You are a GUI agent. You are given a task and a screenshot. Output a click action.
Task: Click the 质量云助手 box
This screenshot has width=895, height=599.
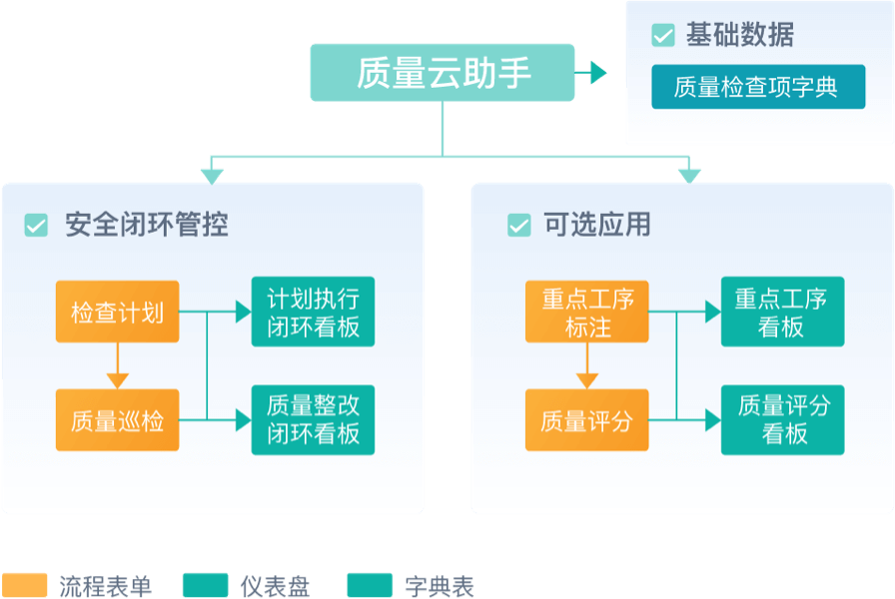[443, 72]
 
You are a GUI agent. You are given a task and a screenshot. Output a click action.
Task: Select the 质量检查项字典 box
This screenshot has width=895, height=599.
[758, 87]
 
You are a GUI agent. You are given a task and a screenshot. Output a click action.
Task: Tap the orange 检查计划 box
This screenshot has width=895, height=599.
[118, 311]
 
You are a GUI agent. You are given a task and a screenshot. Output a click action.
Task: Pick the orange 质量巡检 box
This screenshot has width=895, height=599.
[118, 419]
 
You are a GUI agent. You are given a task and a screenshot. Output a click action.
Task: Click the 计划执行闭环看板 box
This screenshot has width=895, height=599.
[313, 311]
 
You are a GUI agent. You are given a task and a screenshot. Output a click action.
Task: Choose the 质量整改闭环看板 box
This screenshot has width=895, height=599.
[313, 419]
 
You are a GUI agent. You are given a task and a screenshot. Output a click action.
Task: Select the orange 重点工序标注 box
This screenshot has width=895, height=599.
[587, 311]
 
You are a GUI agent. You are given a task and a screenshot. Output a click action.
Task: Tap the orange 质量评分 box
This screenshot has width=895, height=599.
[587, 419]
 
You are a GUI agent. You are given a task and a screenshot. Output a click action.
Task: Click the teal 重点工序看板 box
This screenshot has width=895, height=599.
[782, 311]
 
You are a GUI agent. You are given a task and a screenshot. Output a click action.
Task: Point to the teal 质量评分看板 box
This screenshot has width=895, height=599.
[782, 419]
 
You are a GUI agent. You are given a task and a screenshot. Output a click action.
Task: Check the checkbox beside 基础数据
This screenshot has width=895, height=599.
[663, 36]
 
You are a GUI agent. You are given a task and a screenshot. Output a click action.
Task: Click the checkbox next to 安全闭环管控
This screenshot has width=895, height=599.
[36, 226]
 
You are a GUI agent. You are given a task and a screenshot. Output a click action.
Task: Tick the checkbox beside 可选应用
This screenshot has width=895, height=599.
[519, 226]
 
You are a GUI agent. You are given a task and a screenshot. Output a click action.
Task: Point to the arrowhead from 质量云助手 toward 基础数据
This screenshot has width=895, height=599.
[597, 72]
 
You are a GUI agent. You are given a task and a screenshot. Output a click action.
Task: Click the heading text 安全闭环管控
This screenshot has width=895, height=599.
[147, 225]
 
